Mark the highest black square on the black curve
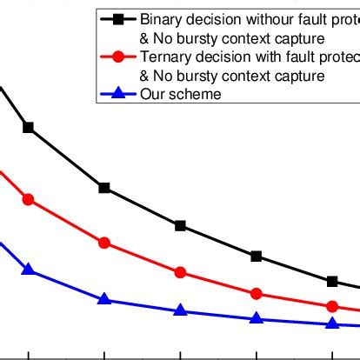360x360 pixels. [x=29, y=128]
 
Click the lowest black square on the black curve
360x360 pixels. [x=332, y=281]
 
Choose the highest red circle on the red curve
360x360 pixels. [x=29, y=200]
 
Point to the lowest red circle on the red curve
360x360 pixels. [x=332, y=307]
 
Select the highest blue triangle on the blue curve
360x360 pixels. [x=29, y=270]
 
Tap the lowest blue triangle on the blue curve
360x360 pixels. [x=332, y=323]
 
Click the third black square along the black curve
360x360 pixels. [x=180, y=226]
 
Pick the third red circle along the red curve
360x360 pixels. [x=180, y=272]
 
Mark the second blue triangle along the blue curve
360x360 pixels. [x=104, y=299]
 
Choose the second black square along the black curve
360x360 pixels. [x=104, y=188]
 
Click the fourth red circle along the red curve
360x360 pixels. [x=257, y=294]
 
